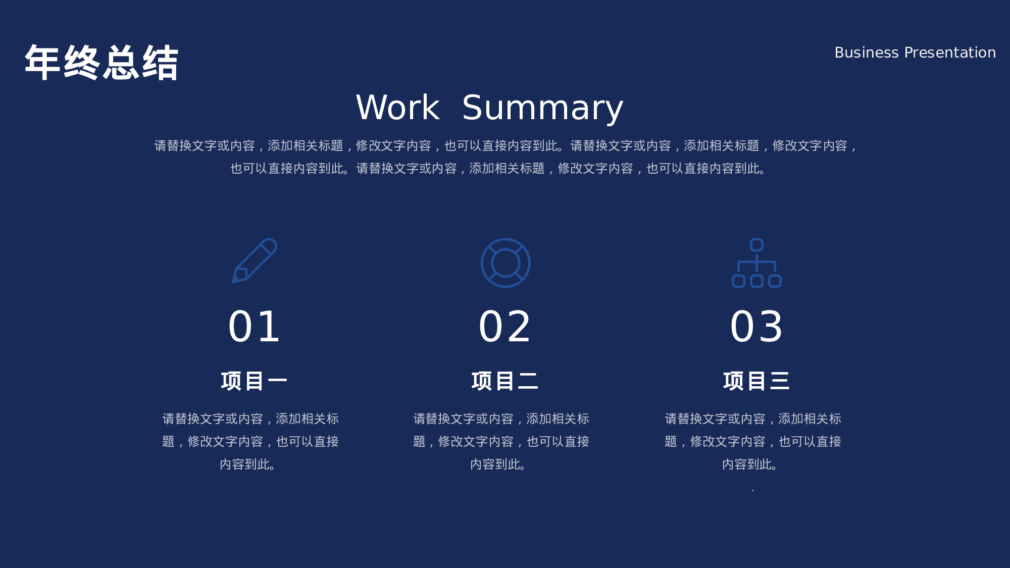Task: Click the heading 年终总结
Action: (x=102, y=63)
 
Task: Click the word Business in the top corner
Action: (x=866, y=53)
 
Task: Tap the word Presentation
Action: (x=950, y=53)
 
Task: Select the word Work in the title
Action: (x=397, y=108)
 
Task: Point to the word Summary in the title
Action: (x=542, y=109)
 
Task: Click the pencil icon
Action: (x=255, y=261)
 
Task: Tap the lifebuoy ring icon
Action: (x=505, y=263)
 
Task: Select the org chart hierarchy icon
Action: (x=756, y=263)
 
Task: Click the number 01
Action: (x=254, y=327)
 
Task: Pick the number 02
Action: (x=505, y=327)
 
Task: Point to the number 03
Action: (x=756, y=327)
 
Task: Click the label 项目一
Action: (x=254, y=381)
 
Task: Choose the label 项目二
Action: (x=505, y=381)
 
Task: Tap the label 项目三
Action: (x=756, y=381)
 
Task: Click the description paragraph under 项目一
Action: (x=250, y=441)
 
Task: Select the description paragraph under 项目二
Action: (x=501, y=441)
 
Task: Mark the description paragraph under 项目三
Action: (x=753, y=441)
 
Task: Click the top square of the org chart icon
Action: (x=756, y=245)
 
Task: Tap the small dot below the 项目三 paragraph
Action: (x=752, y=490)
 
